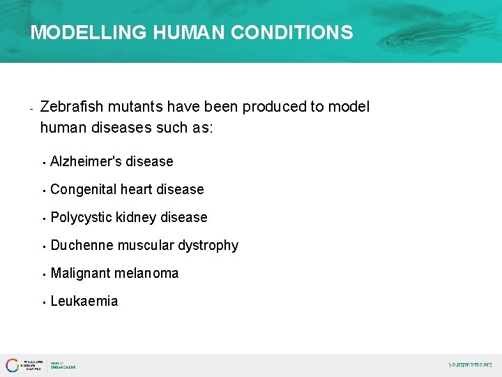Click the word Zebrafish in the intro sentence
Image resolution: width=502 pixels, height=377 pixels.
click(71, 107)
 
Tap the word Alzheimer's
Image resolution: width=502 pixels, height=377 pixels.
click(86, 161)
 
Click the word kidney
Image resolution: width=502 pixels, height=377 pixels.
click(137, 217)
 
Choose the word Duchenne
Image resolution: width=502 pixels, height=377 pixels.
click(82, 245)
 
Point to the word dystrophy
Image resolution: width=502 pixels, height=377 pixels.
click(208, 245)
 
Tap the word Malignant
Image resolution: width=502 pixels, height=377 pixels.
click(80, 273)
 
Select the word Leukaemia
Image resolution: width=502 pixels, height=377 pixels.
click(84, 301)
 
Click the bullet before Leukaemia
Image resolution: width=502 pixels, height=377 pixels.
click(43, 302)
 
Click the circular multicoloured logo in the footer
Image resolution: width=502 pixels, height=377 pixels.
click(13, 365)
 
